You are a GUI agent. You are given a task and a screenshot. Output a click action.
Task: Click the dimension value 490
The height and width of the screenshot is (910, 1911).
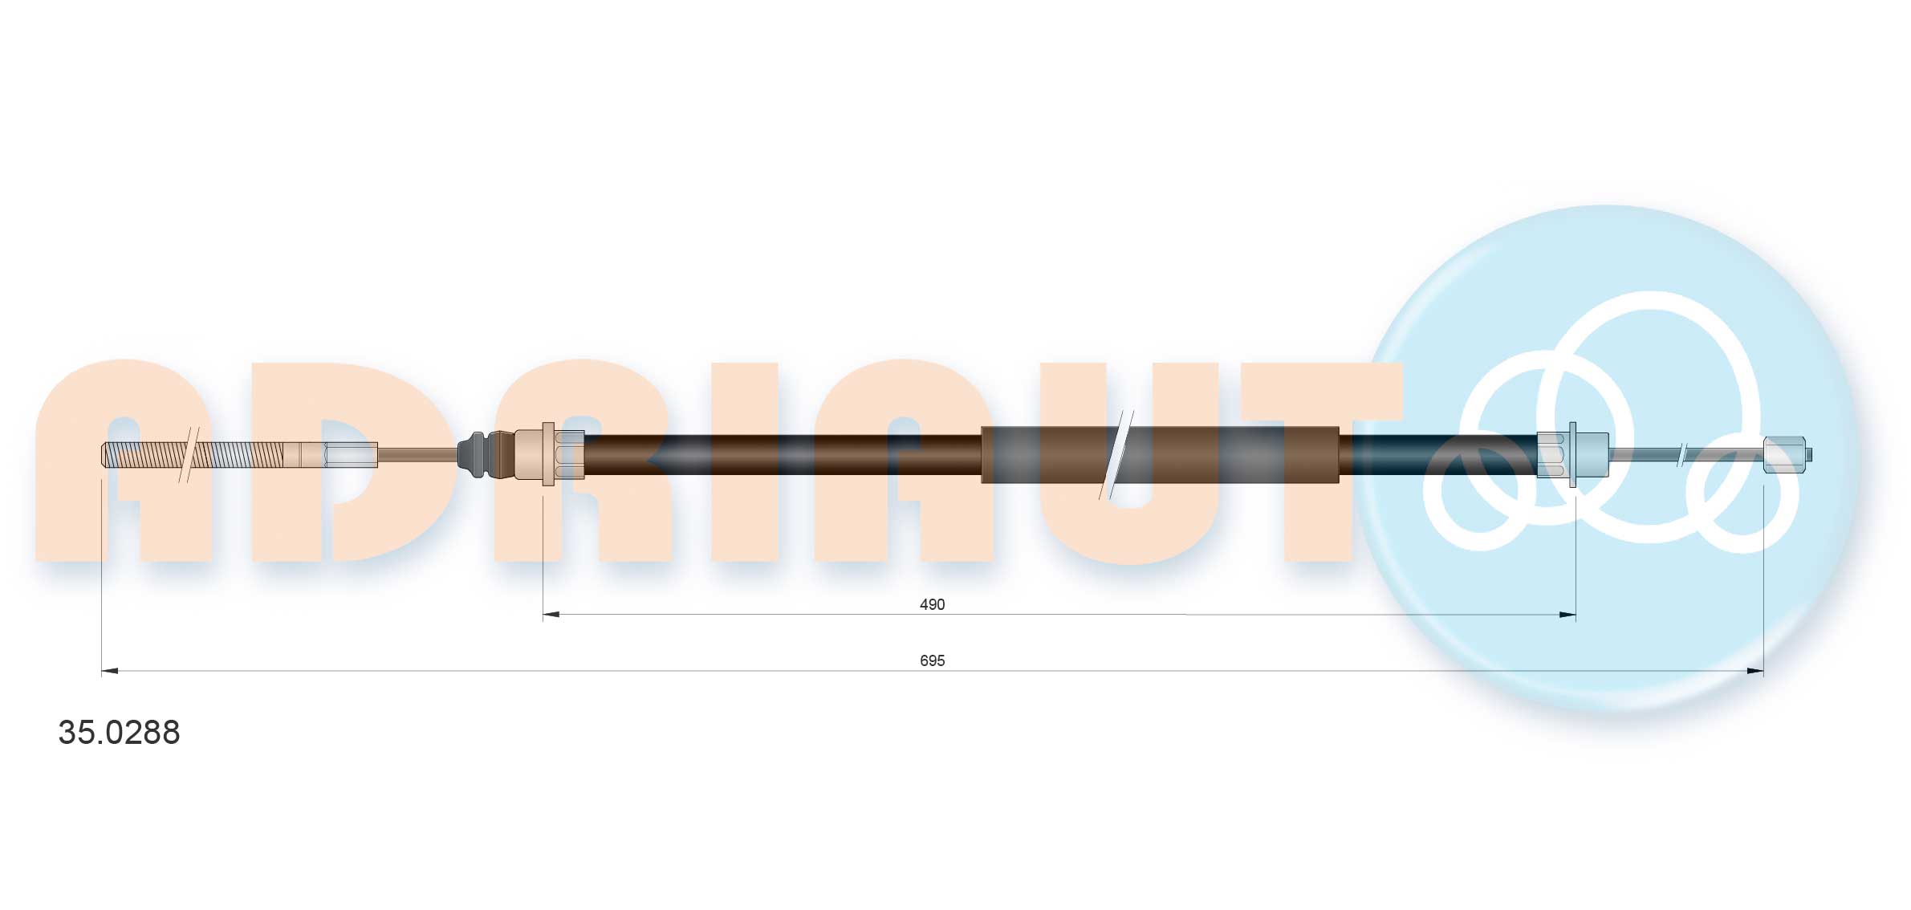[x=931, y=604]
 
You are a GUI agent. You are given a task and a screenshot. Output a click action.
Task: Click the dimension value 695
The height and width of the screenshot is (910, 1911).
[x=931, y=660]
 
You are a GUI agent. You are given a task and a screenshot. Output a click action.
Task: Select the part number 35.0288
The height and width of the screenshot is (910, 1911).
[x=119, y=733]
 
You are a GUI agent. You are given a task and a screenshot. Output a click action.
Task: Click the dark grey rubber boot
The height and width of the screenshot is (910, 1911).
[x=474, y=455]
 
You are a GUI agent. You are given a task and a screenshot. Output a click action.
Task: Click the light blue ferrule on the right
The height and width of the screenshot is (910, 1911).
[x=1571, y=455]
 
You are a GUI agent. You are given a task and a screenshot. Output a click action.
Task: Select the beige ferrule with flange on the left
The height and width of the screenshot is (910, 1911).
[x=547, y=455]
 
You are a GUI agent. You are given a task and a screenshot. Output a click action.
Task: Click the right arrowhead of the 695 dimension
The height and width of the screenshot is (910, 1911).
[x=1755, y=671]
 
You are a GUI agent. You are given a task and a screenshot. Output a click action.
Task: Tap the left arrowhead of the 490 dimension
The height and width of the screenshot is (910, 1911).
[x=551, y=615]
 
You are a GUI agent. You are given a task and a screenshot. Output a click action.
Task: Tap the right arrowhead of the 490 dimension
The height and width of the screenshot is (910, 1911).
[x=1567, y=615]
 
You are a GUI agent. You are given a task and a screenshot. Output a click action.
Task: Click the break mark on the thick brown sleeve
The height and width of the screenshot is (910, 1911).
[x=1116, y=455]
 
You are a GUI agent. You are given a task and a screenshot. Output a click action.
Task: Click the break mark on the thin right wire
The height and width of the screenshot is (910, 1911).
[x=1682, y=455]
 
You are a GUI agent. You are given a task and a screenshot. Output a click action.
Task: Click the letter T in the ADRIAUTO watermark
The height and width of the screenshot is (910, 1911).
[x=1316, y=461]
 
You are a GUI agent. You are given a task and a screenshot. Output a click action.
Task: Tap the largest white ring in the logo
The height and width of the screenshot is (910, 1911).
[x=1649, y=369]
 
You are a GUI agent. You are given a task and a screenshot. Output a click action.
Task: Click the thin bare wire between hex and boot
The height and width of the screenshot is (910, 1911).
[x=417, y=455]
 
